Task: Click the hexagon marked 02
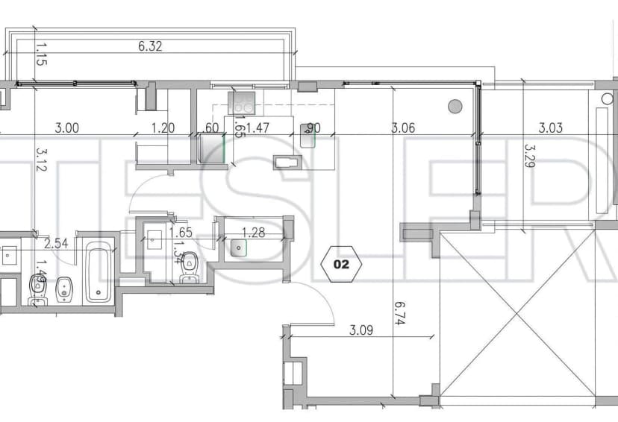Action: pyautogui.click(x=341, y=263)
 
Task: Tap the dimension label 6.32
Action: pyautogui.click(x=150, y=46)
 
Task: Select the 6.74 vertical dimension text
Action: pyautogui.click(x=399, y=310)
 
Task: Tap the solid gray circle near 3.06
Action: pyautogui.click(x=455, y=106)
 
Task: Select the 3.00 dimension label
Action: pyautogui.click(x=67, y=128)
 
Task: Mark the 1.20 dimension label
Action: pyautogui.click(x=163, y=128)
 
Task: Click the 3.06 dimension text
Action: pyautogui.click(x=403, y=128)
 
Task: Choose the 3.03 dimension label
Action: pyautogui.click(x=551, y=128)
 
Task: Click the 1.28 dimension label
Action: pyautogui.click(x=255, y=233)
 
